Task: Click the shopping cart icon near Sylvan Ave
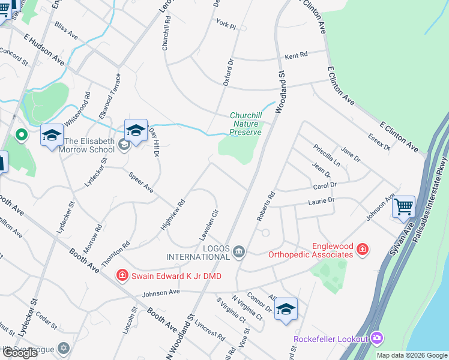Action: (x=404, y=207)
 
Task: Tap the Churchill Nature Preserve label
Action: (x=246, y=124)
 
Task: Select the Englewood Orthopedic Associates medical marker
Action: (x=362, y=249)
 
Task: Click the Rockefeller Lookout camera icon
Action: (x=376, y=338)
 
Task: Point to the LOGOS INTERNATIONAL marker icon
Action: (x=239, y=251)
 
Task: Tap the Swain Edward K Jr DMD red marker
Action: (x=122, y=275)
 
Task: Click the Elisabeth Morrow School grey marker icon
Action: (x=124, y=144)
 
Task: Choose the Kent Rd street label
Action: (x=296, y=55)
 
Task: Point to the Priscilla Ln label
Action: (x=327, y=156)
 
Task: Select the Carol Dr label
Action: (x=325, y=186)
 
